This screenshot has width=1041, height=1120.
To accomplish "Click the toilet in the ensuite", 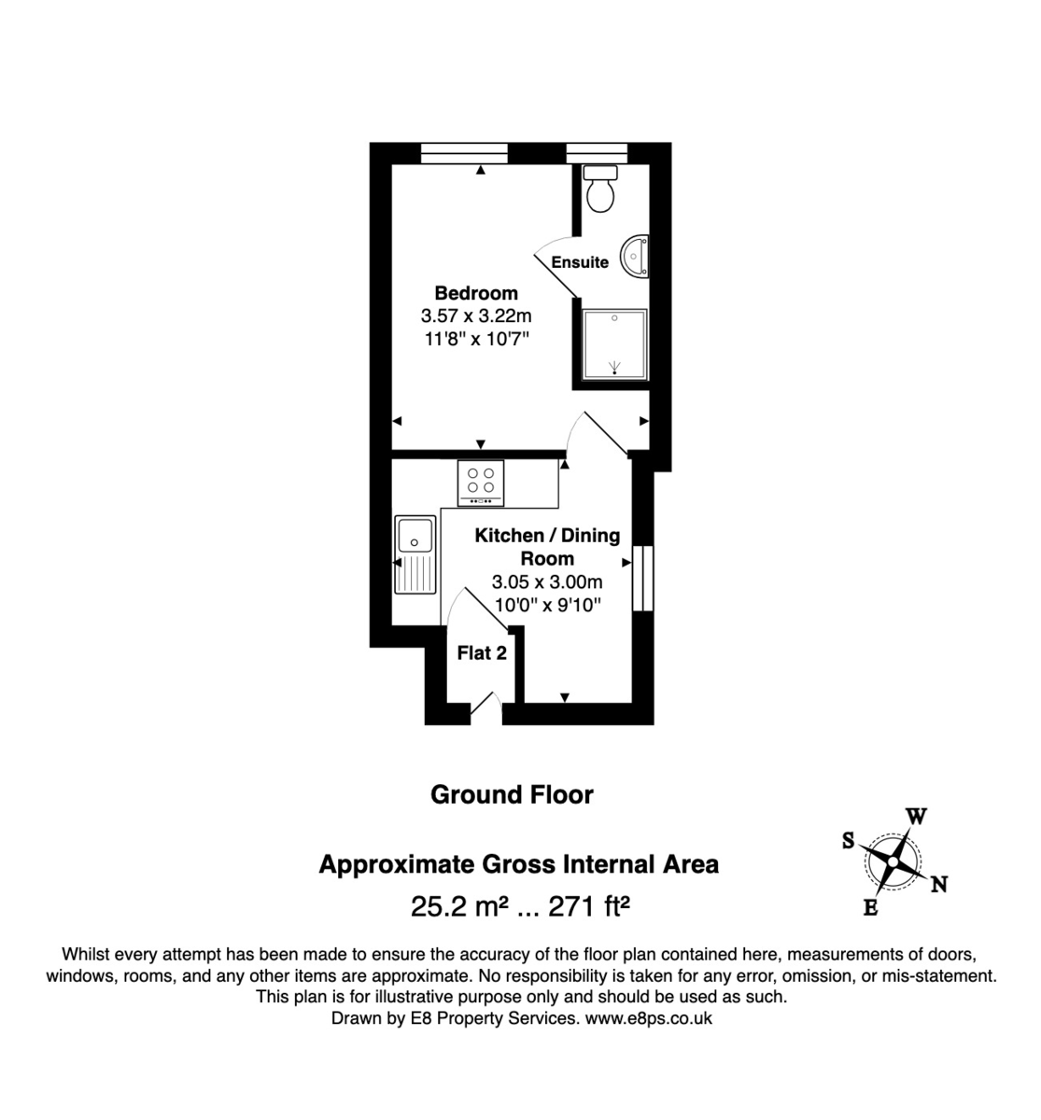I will pyautogui.click(x=599, y=189).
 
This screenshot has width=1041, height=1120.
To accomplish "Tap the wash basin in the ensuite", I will pyautogui.click(x=638, y=254).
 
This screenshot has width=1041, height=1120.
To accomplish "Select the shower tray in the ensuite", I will pyautogui.click(x=614, y=344).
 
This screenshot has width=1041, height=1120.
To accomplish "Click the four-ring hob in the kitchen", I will pyautogui.click(x=481, y=483).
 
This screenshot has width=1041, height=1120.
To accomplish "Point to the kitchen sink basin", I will pyautogui.click(x=415, y=536).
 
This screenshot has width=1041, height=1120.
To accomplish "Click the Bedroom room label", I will pyautogui.click(x=476, y=293).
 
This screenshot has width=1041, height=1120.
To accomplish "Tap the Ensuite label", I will pyautogui.click(x=580, y=262).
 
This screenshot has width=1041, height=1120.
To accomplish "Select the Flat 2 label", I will pyautogui.click(x=482, y=653).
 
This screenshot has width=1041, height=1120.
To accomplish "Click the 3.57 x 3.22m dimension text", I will pyautogui.click(x=476, y=316).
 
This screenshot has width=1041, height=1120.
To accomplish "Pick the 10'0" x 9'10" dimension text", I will pyautogui.click(x=547, y=605).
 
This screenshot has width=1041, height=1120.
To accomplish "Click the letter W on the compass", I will pyautogui.click(x=917, y=818).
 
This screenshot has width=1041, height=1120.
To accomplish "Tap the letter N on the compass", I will pyautogui.click(x=939, y=884).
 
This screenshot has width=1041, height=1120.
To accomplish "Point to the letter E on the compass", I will pyautogui.click(x=870, y=907).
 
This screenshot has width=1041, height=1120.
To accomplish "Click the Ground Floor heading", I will pyautogui.click(x=512, y=795).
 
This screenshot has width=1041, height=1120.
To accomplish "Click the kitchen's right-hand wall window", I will pyautogui.click(x=643, y=579).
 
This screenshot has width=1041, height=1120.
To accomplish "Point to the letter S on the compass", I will pyautogui.click(x=849, y=840).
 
